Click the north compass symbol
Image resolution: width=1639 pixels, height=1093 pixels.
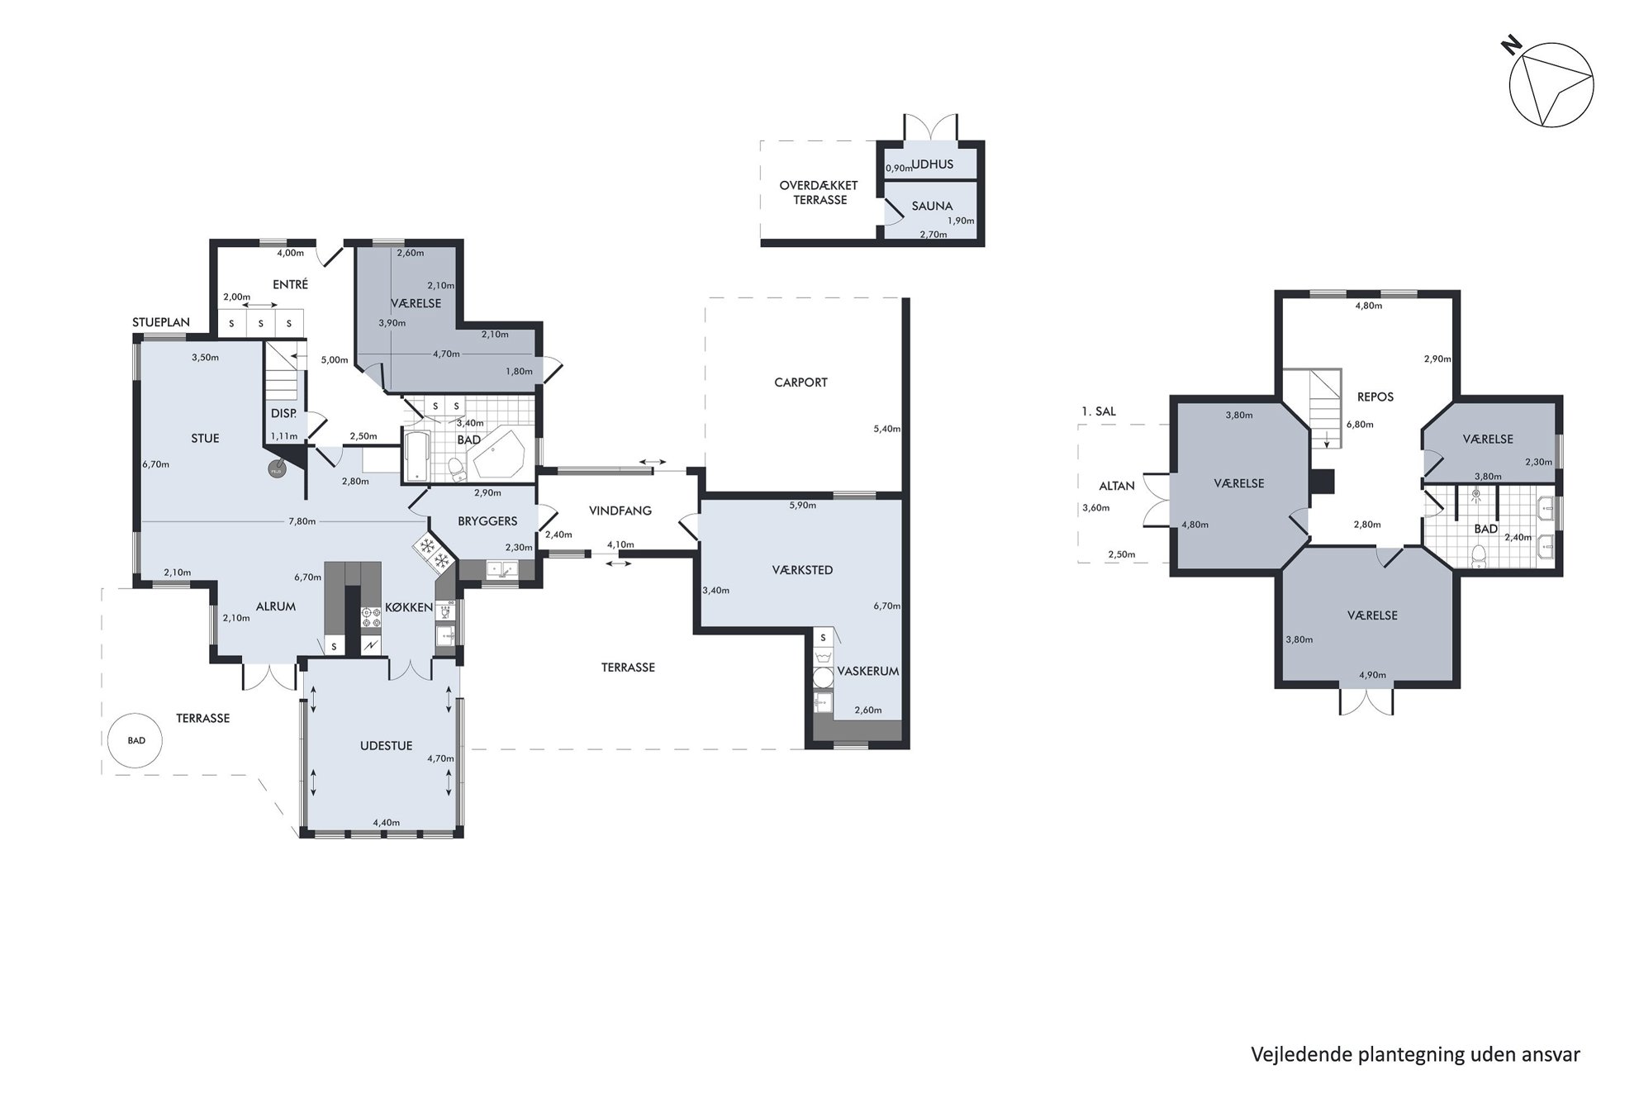(1551, 85)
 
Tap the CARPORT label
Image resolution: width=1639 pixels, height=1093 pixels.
(800, 383)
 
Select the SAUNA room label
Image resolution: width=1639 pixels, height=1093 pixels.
(932, 207)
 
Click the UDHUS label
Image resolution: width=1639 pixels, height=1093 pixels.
(933, 164)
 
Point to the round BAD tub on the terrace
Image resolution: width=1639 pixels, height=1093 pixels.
(136, 740)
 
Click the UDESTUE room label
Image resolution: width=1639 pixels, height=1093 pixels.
(386, 746)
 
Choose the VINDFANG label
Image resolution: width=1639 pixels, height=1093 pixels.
(620, 511)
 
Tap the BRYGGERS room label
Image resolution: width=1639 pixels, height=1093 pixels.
(487, 521)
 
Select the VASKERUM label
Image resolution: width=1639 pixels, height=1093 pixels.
(867, 672)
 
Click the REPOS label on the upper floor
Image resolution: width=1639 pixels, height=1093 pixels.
(1375, 397)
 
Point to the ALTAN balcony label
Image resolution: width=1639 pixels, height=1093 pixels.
(1117, 486)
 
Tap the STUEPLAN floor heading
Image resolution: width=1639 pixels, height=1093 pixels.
(161, 323)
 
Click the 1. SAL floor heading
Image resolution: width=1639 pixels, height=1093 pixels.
(1099, 411)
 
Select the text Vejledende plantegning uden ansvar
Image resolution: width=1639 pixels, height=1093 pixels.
(1415, 1055)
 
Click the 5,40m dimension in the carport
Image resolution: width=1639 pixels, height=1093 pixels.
(886, 429)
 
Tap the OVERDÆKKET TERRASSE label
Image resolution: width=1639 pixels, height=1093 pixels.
(819, 193)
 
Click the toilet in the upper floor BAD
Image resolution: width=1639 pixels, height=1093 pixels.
(1479, 558)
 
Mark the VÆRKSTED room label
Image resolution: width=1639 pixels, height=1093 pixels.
(802, 570)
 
